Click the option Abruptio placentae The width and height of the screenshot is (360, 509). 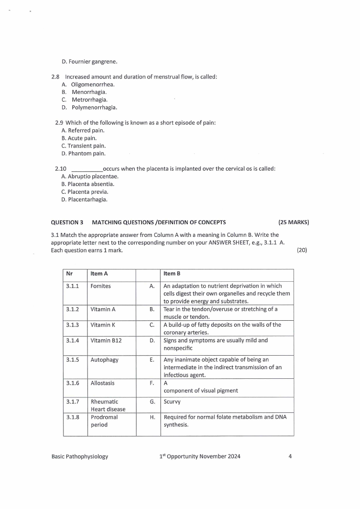coord(86,176)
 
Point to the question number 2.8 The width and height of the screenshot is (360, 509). coord(56,77)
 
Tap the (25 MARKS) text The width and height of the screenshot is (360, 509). coord(293,222)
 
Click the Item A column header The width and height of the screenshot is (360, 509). coord(99,274)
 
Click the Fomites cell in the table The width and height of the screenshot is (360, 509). coord(101,286)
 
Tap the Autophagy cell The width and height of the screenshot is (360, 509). coord(104,360)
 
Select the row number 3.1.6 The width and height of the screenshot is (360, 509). coord(73,383)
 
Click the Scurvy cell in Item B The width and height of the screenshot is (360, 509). coord(172,402)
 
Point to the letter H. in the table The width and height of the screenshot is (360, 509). coord(152,417)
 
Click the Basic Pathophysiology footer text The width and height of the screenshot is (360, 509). coord(80,456)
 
